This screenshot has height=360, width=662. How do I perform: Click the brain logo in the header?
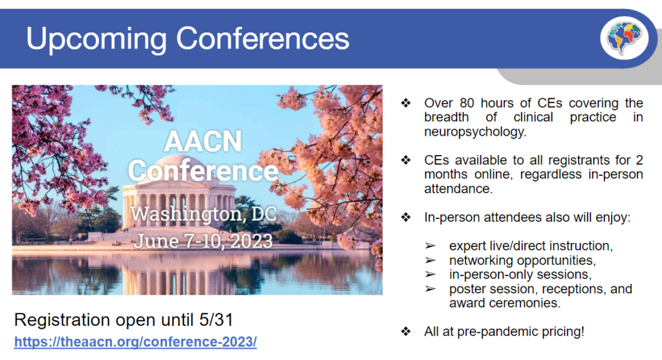[625, 38]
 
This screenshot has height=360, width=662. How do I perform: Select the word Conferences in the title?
[262, 38]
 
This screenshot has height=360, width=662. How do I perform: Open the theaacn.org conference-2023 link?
[136, 341]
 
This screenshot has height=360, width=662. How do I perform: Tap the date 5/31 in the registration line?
[216, 320]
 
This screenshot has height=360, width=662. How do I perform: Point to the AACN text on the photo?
[203, 141]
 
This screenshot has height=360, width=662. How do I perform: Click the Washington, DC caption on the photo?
[203, 214]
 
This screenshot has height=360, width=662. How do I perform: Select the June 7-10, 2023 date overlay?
[203, 242]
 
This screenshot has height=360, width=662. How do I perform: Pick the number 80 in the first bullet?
[467, 103]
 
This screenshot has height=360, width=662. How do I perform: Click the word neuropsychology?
[475, 132]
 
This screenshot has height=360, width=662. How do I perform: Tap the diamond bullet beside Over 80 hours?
[406, 103]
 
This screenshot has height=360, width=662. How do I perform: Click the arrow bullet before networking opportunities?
[430, 260]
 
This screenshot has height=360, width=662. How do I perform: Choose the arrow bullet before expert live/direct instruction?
[430, 246]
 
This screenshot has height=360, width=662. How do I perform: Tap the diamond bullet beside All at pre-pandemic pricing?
[406, 332]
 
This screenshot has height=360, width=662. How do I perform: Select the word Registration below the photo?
[62, 321]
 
